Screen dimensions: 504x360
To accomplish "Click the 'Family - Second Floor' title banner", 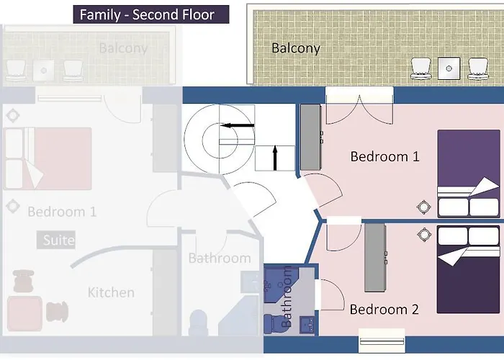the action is (x=151, y=14).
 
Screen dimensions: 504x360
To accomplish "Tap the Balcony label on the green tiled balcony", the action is (x=296, y=48).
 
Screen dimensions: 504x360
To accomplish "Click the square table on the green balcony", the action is (x=449, y=68).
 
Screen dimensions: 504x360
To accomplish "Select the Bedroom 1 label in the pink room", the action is (x=384, y=156).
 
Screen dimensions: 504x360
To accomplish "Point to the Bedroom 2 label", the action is (x=384, y=309).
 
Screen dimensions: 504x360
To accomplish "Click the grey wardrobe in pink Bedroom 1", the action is (x=311, y=137).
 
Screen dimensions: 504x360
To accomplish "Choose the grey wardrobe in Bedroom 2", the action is (x=375, y=258).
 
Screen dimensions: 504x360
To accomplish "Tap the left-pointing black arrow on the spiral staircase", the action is (x=237, y=125).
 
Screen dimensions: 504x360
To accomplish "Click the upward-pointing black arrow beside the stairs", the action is (x=275, y=158).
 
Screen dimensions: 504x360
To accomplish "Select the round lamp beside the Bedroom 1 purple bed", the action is (x=423, y=207).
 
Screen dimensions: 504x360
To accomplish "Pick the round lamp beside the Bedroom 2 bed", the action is (x=424, y=234).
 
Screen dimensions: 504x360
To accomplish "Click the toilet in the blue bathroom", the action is (x=274, y=323).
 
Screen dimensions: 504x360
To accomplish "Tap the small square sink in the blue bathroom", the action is (x=307, y=325).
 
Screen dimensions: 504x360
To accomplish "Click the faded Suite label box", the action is (x=56, y=240).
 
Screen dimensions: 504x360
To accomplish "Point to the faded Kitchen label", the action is (x=111, y=292).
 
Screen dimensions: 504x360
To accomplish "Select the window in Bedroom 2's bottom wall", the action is (x=382, y=341).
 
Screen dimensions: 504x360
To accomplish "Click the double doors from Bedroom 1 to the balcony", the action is (x=359, y=110).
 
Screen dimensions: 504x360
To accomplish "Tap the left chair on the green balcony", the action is (x=421, y=68).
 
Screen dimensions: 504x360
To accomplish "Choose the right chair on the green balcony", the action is (x=478, y=68).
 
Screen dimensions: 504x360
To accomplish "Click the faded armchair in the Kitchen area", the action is (x=24, y=312).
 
